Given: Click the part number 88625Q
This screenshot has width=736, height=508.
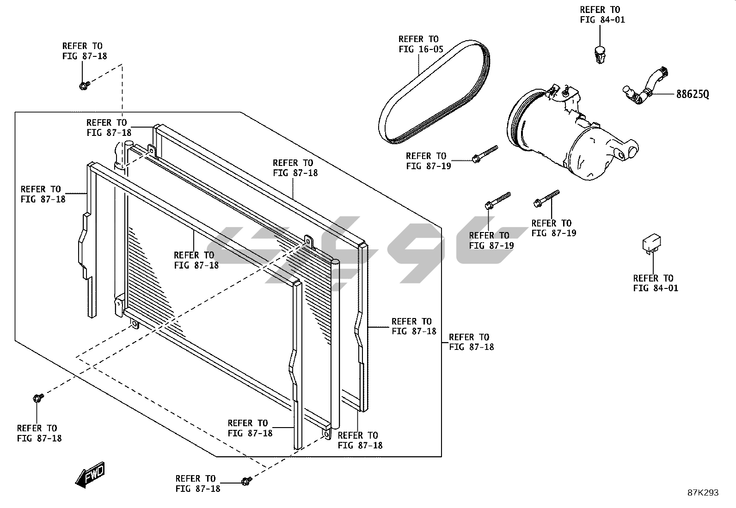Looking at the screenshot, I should tap(692, 94).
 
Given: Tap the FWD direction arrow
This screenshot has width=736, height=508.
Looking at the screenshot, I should tap(91, 475).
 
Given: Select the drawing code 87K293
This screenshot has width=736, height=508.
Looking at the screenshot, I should tap(702, 493).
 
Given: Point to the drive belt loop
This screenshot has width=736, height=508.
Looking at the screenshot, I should tap(435, 92).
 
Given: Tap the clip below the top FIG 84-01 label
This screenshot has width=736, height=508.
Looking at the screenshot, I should tap(600, 55).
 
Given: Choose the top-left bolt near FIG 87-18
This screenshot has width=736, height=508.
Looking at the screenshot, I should tap(84, 86).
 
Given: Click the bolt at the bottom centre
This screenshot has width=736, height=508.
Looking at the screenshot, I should tap(246, 482).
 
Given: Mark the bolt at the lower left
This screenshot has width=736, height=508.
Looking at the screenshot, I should tap(38, 398).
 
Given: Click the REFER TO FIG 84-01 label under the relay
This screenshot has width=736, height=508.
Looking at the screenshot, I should tap(655, 283).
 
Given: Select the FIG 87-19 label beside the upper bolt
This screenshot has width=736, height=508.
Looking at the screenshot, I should tap(428, 161).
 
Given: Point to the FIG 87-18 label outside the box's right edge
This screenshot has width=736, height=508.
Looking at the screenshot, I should tap(471, 342).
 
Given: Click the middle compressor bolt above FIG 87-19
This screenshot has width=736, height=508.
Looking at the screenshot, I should tap(497, 200).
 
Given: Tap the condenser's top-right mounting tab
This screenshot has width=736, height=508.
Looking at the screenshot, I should tap(308, 241).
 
